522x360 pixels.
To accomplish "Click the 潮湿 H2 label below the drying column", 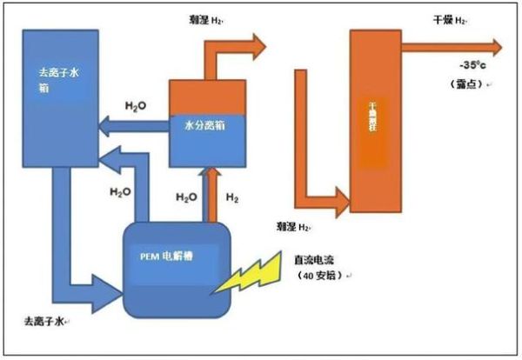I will point(293,227).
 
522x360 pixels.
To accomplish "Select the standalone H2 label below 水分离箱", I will point(232,197).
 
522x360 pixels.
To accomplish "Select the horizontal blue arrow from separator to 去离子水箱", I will point(130,128).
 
